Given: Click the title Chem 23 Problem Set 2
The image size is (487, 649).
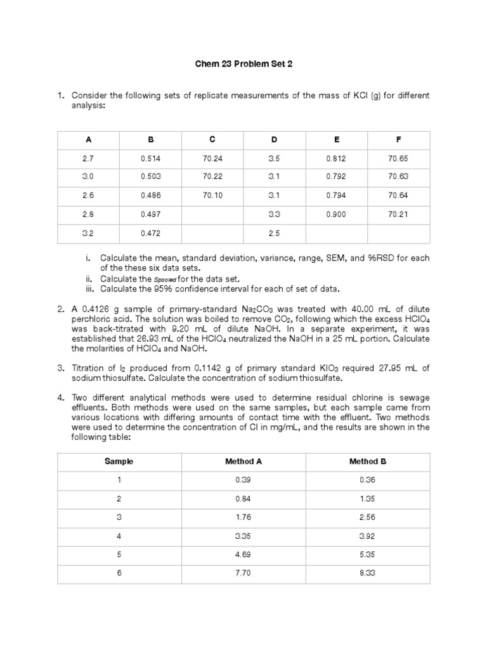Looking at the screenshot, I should click(x=243, y=64).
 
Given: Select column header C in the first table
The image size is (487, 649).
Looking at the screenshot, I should click(x=212, y=139).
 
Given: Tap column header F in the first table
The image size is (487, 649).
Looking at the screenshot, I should click(x=399, y=139).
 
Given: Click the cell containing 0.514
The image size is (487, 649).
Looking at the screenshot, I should click(x=150, y=158).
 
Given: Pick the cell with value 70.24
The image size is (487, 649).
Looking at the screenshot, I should click(x=212, y=158).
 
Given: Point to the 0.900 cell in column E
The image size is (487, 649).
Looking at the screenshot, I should click(x=336, y=215).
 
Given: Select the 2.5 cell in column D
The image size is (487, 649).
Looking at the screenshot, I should click(x=274, y=233).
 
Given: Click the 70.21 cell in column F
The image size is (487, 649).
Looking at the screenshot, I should click(x=399, y=215).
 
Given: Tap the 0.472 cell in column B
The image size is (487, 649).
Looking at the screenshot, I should click(x=150, y=233).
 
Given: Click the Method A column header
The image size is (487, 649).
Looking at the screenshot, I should click(x=243, y=461).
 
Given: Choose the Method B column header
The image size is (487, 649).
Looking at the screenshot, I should click(x=368, y=461).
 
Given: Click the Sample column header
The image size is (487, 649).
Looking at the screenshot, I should click(x=119, y=461).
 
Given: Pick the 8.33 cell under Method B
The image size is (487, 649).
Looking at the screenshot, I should click(x=368, y=573).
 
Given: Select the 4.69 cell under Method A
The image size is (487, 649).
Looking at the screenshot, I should click(x=243, y=554).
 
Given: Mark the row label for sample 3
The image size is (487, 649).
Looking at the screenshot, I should click(x=119, y=517).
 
